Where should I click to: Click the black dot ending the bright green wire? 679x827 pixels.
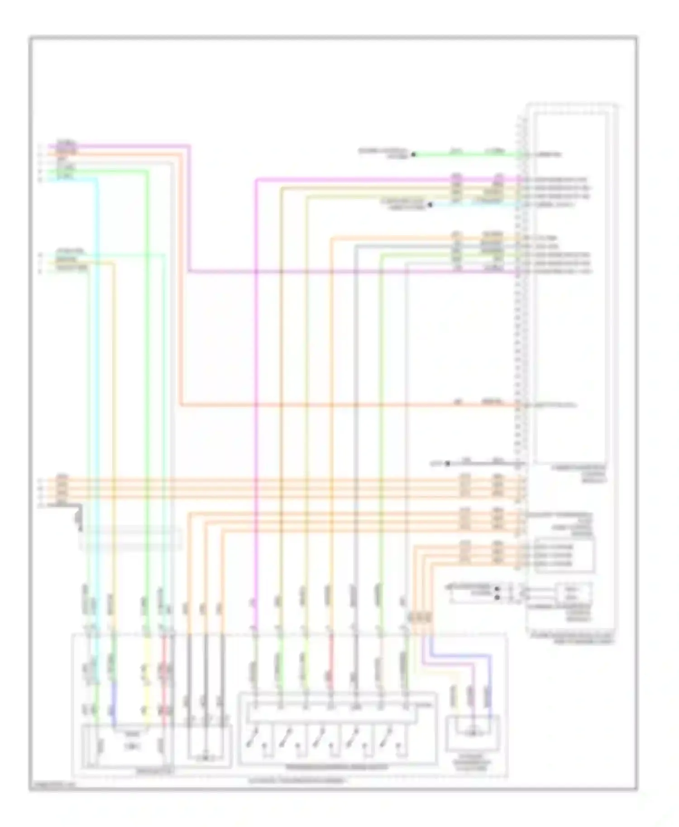pos(413,155)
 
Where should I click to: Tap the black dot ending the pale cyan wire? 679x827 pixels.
pos(430,204)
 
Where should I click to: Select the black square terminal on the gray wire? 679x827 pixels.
pos(447,464)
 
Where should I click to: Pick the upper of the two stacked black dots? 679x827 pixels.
pos(497,589)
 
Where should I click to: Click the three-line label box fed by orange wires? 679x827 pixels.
pos(564,556)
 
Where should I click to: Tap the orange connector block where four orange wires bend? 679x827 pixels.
pos(420,618)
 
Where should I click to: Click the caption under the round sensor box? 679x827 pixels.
pos(473,764)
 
